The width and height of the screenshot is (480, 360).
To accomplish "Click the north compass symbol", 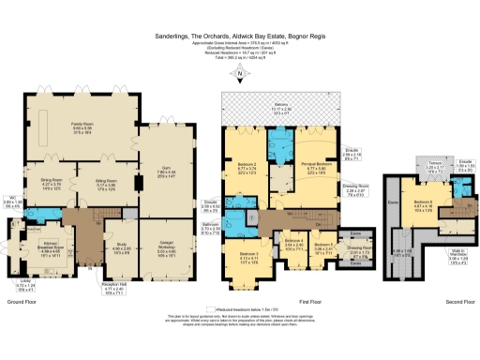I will [x=241, y=75].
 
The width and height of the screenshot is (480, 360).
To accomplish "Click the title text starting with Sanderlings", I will [x=239, y=37].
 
